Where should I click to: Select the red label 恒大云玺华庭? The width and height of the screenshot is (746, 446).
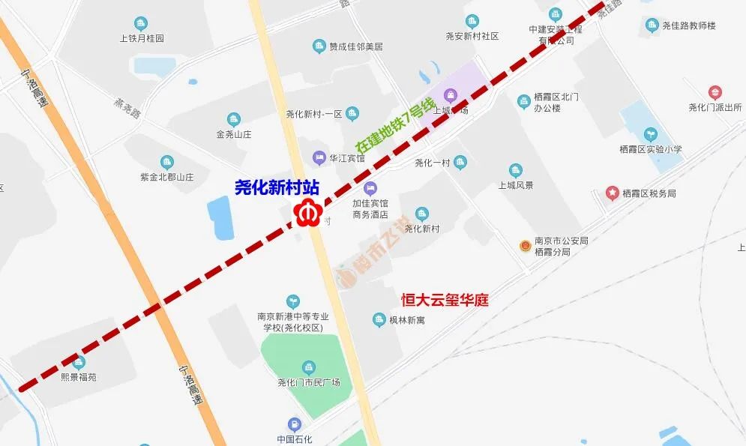(445, 300)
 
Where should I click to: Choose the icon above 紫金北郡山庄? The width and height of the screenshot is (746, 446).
(166, 162)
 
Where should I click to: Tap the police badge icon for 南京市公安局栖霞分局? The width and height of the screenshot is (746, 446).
(526, 246)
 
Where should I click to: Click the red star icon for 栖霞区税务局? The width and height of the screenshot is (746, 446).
(612, 193)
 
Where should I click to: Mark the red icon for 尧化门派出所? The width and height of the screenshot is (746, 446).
(715, 93)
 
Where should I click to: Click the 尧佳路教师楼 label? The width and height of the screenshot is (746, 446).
(689, 25)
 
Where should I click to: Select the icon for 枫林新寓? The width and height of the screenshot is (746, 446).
(379, 320)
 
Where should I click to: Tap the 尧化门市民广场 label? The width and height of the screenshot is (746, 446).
(309, 382)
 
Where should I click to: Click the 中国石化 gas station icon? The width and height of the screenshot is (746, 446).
(295, 424)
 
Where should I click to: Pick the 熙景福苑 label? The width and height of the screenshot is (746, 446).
(79, 377)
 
